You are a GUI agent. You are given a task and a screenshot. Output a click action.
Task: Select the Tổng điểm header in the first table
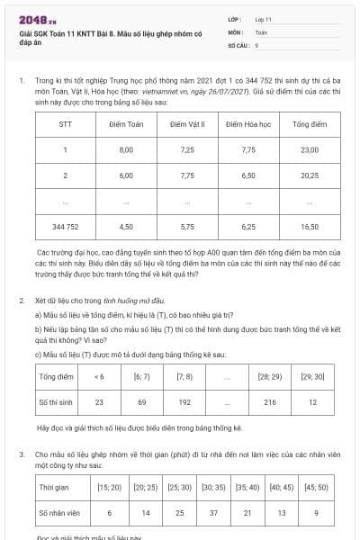[309, 124]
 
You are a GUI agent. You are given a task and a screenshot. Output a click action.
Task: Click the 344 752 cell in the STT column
[66, 227]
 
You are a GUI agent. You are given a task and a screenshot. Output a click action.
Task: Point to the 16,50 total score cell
[309, 227]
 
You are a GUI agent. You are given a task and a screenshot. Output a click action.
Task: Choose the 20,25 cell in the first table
[309, 175]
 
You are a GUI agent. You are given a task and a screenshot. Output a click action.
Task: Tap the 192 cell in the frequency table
[184, 402]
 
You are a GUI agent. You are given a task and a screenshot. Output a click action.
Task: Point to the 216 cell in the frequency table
[270, 402]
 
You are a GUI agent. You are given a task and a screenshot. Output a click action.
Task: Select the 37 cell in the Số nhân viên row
[213, 512]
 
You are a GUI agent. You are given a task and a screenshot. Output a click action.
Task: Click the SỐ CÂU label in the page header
[238, 44]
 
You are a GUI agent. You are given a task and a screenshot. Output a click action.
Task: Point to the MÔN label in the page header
[236, 31]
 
